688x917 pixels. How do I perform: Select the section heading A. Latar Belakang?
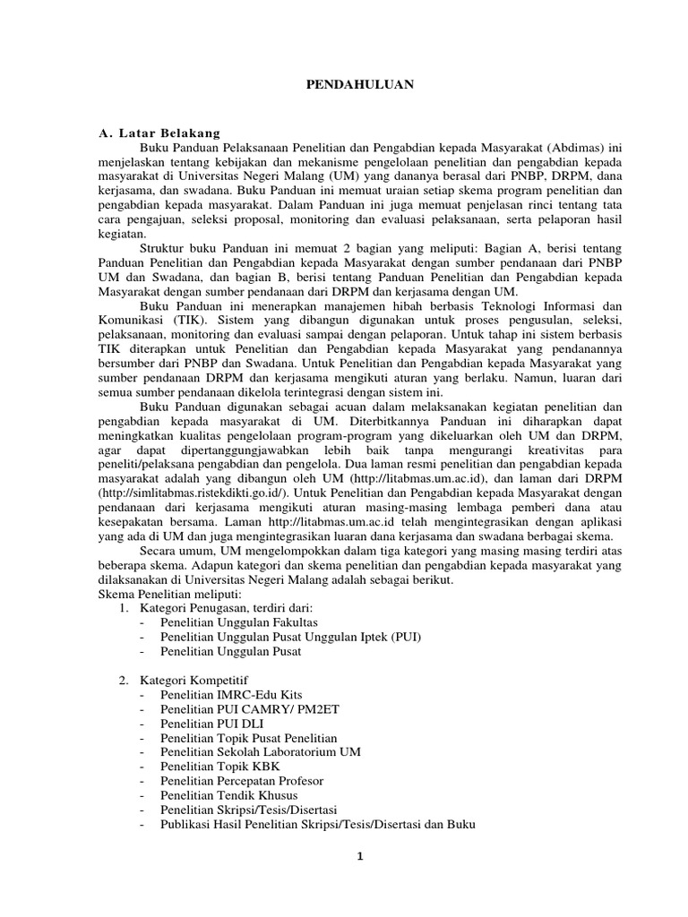[159, 133]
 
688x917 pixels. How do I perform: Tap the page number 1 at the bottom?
[358, 856]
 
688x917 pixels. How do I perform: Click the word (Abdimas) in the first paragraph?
[549, 148]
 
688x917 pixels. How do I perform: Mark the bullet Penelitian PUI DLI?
[212, 723]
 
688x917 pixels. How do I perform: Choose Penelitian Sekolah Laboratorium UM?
[261, 751]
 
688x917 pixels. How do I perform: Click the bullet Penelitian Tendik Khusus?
[229, 794]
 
